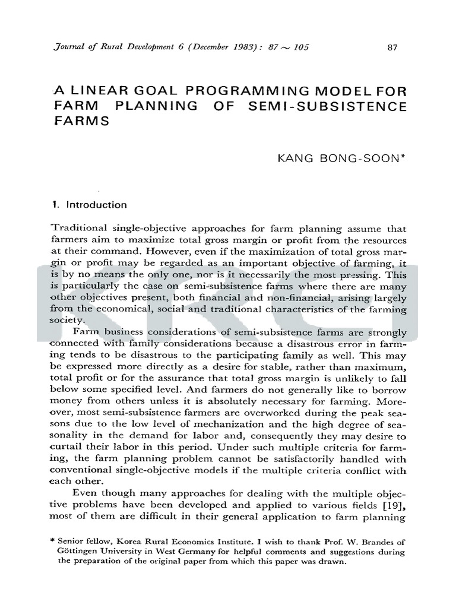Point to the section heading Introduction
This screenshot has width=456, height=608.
point(96,205)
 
